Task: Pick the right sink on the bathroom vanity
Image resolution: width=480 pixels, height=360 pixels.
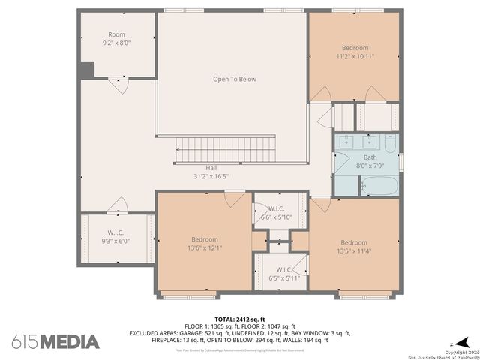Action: tap(370, 140)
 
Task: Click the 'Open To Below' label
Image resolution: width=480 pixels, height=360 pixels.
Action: tap(235, 79)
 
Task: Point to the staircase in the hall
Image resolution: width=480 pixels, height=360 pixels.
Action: tap(225, 148)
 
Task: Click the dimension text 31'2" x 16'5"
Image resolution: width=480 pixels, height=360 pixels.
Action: tap(211, 176)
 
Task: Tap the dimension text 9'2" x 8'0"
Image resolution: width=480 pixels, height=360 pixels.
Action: tap(116, 43)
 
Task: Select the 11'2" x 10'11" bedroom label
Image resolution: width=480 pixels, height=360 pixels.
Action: tap(355, 56)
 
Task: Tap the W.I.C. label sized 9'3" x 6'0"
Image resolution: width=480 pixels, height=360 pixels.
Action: tap(115, 241)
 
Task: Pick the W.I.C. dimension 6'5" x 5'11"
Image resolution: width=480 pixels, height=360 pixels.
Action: tap(283, 277)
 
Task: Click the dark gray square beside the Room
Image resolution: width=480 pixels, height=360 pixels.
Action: tap(87, 69)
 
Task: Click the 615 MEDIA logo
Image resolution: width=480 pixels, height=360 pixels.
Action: tap(55, 341)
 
